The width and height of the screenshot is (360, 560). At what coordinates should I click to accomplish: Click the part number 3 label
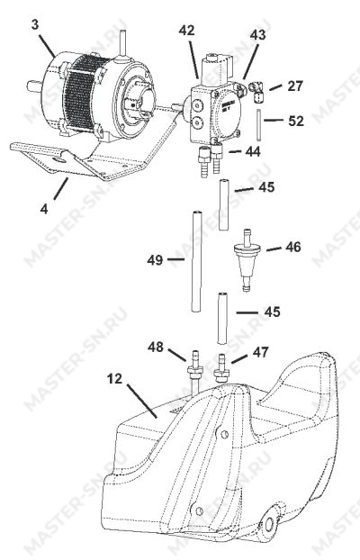click(x=34, y=25)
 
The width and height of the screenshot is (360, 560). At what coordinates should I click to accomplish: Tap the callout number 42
click(x=187, y=31)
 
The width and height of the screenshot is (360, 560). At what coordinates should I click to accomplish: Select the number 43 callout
click(x=257, y=35)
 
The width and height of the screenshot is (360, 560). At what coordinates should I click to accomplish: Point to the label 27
click(x=295, y=86)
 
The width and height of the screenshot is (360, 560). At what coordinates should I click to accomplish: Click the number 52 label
click(x=296, y=121)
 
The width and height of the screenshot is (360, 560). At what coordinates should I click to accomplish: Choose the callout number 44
click(x=253, y=152)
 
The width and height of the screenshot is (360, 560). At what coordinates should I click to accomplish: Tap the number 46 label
click(x=292, y=247)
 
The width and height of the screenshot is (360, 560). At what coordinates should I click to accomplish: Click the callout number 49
click(x=155, y=260)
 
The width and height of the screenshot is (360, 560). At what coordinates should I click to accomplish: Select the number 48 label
click(x=156, y=347)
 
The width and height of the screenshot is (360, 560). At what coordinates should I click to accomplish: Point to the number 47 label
click(x=260, y=352)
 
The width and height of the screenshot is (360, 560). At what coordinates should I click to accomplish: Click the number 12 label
click(x=115, y=378)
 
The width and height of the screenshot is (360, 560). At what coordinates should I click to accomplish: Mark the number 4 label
click(x=44, y=209)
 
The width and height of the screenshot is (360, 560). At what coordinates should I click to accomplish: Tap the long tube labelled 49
click(x=195, y=262)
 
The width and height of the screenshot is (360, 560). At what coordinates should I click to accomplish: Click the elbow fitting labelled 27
click(x=256, y=91)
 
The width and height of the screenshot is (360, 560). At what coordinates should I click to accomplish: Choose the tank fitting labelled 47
click(x=221, y=369)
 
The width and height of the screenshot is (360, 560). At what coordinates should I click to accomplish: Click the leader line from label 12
click(x=142, y=401)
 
